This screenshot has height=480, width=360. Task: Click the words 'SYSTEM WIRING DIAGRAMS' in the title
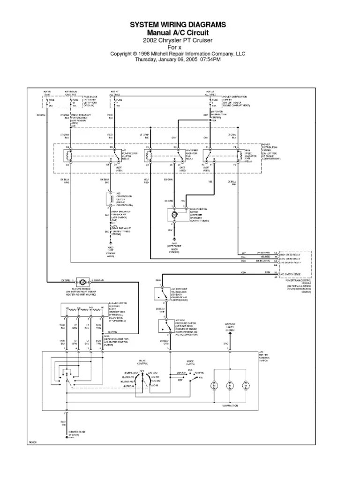178,24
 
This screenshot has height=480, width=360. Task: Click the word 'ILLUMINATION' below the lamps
230,405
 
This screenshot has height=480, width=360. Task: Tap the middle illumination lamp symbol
230,386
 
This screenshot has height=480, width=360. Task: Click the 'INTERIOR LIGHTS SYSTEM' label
230,326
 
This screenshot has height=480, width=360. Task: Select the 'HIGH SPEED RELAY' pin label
291,253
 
